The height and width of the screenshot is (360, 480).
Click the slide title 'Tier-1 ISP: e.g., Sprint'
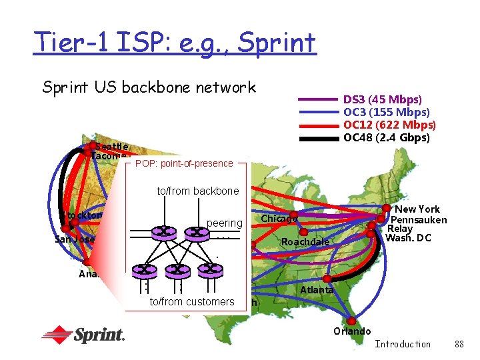click(174, 43)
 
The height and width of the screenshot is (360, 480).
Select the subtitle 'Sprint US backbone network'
click(149, 87)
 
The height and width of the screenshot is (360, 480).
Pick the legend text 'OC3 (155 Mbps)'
click(386, 113)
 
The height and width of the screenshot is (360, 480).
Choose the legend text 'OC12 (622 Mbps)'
click(389, 125)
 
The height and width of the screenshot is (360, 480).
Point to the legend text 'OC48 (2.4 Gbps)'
click(386, 138)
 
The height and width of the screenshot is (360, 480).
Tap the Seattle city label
click(111, 146)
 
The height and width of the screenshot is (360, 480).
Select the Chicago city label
click(279, 219)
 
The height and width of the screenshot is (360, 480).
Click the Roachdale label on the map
click(305, 242)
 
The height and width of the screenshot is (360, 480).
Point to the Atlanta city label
click(317, 290)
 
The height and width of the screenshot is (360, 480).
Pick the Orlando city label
click(351, 331)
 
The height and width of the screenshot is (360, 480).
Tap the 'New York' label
click(417, 209)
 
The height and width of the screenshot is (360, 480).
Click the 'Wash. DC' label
click(407, 238)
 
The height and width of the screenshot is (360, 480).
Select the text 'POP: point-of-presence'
click(184, 163)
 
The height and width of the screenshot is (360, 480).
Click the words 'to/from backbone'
click(197, 191)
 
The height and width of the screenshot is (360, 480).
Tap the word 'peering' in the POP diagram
click(225, 222)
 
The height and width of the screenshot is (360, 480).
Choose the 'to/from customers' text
click(192, 302)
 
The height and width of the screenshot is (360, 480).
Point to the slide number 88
click(459, 344)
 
